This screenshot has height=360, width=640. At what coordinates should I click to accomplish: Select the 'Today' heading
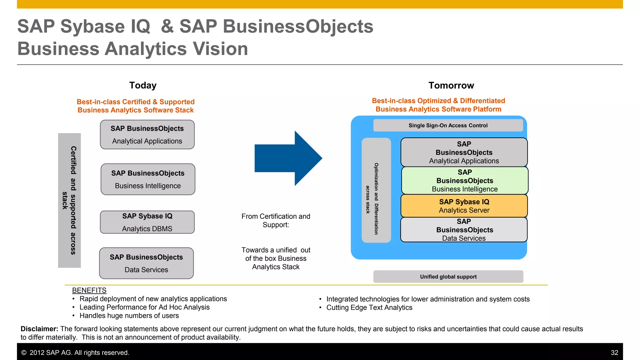tap(143, 85)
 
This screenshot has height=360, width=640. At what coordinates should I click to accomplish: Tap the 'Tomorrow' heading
tap(451, 85)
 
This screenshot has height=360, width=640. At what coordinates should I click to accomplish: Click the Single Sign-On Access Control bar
tap(448, 125)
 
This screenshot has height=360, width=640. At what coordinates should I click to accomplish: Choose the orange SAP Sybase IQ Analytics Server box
tap(464, 206)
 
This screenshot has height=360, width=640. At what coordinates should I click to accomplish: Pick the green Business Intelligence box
tap(465, 181)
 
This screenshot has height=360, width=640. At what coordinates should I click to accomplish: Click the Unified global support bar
tap(448, 277)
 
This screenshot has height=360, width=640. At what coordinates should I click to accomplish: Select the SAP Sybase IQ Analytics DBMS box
tap(147, 222)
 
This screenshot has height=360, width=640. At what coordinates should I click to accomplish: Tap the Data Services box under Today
tap(146, 263)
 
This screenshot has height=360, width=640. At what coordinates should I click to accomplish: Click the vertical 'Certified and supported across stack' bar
tap(69, 200)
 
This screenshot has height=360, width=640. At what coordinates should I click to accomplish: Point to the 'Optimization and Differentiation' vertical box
tap(376, 190)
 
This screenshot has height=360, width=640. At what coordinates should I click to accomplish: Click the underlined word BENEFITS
tap(89, 290)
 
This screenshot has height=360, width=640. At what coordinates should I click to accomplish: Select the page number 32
tap(614, 352)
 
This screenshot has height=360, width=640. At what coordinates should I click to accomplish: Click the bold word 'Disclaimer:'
tap(39, 329)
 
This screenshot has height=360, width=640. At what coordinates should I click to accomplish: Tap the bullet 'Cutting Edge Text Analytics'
tap(369, 307)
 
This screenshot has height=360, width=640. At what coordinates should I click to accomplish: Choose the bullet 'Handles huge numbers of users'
tap(129, 316)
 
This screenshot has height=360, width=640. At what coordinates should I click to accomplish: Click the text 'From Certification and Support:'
tap(276, 221)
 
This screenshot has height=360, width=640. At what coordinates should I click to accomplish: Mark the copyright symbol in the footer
tap(24, 352)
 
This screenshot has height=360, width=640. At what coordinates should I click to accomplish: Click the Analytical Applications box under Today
tap(147, 135)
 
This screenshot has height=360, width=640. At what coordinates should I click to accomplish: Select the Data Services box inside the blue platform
tap(464, 230)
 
